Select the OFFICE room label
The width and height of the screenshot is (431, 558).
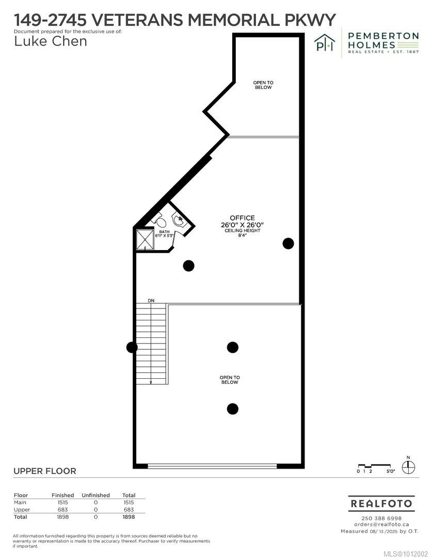point(242,218)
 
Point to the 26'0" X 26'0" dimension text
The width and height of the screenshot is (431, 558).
point(242,225)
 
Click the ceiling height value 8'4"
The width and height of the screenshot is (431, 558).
point(242,236)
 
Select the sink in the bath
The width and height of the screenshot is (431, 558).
point(180,220)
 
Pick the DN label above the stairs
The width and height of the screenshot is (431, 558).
point(151,300)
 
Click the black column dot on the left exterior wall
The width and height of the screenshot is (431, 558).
point(132,348)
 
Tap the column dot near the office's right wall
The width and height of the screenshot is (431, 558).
point(288,243)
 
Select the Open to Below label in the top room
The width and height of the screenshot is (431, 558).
point(263,85)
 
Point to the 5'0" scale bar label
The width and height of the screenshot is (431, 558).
point(390,471)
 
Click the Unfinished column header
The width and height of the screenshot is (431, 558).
point(95,495)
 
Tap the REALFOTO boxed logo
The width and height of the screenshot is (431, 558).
point(381,503)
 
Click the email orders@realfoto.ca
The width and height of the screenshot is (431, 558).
point(381,524)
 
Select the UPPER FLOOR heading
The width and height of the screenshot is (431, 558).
point(44,471)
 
